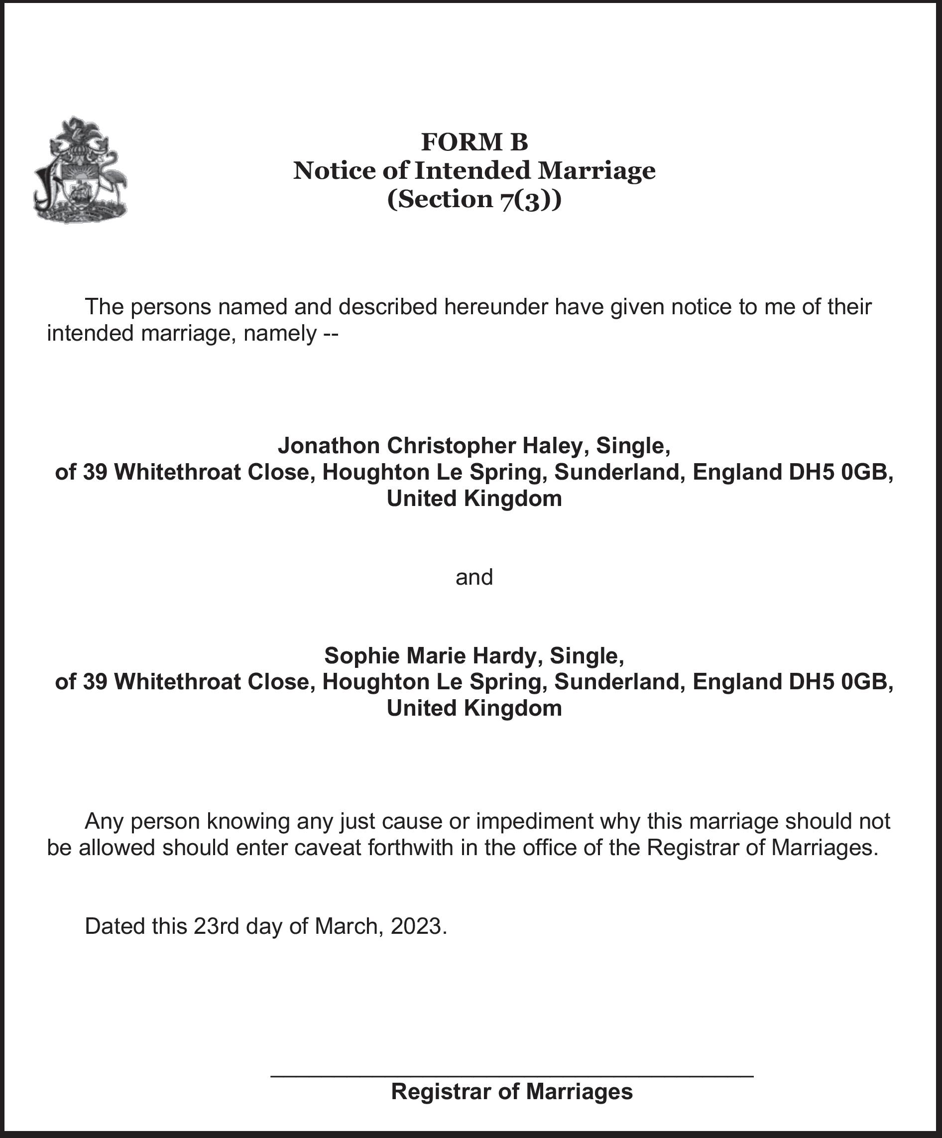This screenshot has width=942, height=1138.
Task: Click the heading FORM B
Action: point(474,142)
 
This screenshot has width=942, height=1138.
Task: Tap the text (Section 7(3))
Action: point(474,199)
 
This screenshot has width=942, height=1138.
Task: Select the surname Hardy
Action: point(504,656)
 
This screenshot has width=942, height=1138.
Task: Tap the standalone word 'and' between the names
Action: point(474,577)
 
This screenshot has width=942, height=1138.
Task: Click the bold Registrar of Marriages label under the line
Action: point(511,1091)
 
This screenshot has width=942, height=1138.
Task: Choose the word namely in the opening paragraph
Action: point(279,334)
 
